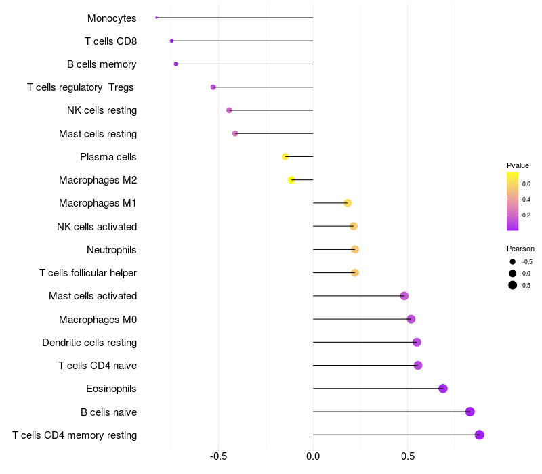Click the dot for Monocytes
click(157, 18)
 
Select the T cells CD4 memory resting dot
click(479, 435)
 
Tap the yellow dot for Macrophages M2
click(291, 180)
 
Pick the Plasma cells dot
click(285, 157)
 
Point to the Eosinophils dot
click(443, 389)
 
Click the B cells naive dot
click(470, 412)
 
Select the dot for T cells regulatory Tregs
click(213, 87)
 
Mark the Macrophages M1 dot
click(348, 203)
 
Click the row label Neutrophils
click(112, 250)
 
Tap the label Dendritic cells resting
click(89, 343)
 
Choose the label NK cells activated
click(97, 227)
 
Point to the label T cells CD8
click(111, 41)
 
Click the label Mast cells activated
click(93, 296)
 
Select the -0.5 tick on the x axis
click(218, 456)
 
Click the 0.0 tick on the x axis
click(313, 456)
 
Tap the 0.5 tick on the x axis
click(408, 456)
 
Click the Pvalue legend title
click(518, 165)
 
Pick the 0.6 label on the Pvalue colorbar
click(526, 184)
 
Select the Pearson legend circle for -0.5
click(513, 262)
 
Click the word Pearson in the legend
click(520, 249)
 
